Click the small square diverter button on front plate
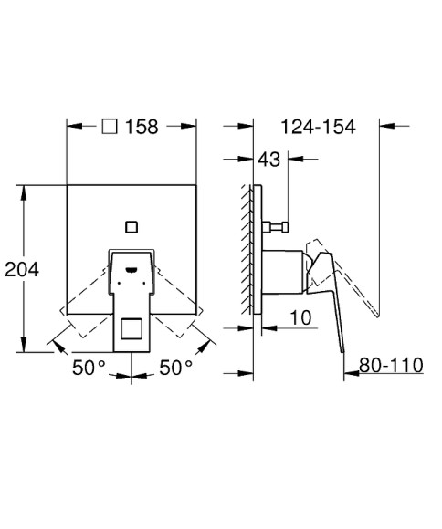click(x=132, y=224)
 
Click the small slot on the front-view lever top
click(x=132, y=269)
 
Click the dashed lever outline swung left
click(x=84, y=301)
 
